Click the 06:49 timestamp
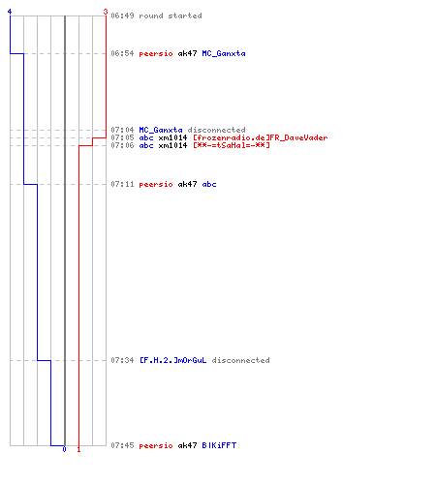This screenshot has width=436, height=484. pos(122,15)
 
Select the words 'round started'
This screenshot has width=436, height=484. pos(171,15)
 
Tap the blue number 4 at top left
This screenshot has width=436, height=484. pos(10,12)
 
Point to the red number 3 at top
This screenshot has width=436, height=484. pos(106,12)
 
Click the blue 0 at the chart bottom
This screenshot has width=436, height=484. pos(64,449)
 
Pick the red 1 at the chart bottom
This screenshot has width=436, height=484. pos(78,449)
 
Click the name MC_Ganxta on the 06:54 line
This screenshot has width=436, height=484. pos(224,53)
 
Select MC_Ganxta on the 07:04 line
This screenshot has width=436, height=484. pos(161,130)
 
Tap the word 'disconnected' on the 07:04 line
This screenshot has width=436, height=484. pos(216,130)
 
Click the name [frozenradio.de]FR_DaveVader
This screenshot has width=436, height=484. pos(260,137)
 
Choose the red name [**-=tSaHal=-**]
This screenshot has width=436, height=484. pos(231,145)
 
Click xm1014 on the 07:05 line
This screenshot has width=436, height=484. pos(172,137)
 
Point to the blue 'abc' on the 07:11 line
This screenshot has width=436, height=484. pos(209,184)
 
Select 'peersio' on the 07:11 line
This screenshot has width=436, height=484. pos(156,184)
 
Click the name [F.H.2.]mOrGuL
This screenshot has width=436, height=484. pos(172,360)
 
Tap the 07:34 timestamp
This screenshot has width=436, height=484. pos(122,360)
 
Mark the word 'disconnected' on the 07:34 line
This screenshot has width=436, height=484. pos(240,360)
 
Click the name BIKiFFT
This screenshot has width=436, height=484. pos(219,445)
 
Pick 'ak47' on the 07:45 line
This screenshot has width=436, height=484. pos(187,445)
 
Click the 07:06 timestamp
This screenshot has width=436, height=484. pos(122,145)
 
